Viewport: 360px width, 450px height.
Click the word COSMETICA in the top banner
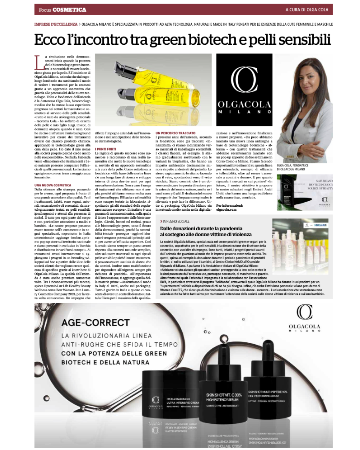pos(69,10)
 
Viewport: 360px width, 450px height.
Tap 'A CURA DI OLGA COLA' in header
pos(307,10)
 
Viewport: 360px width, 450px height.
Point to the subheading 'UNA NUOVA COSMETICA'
pos(53,185)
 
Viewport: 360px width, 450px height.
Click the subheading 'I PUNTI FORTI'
pos(106,149)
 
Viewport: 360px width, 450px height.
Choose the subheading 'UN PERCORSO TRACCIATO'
pos(175,133)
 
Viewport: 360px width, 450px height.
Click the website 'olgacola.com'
pos(226,210)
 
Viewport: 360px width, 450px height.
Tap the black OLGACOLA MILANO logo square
pos(244,90)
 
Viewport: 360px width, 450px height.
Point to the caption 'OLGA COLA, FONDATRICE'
pos(293,165)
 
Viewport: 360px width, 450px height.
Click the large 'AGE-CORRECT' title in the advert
pos(95,323)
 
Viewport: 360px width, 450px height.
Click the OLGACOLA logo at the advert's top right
pos(304,318)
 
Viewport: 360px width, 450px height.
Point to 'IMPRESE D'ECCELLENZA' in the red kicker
pos(56,24)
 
